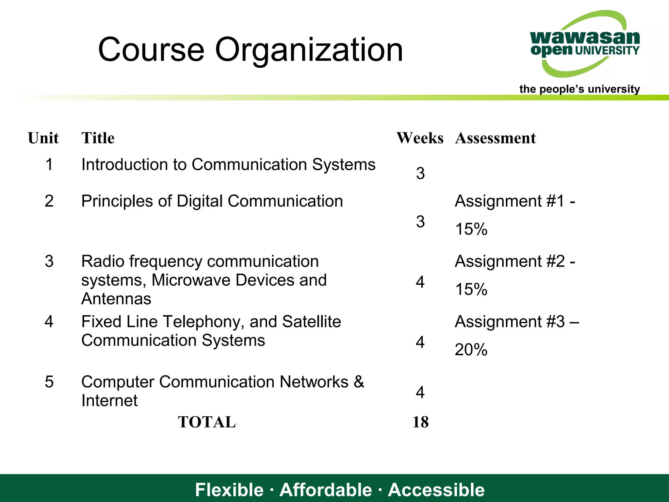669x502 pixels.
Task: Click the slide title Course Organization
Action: pyautogui.click(x=250, y=50)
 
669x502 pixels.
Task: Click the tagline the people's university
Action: pyautogui.click(x=579, y=89)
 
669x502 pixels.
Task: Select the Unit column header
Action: pyautogui.click(x=43, y=138)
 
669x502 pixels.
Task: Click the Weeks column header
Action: pyautogui.click(x=420, y=138)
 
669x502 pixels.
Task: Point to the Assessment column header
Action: pyautogui.click(x=495, y=138)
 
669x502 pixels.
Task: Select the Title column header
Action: pyautogui.click(x=98, y=138)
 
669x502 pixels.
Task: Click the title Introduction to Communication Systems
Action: pyautogui.click(x=228, y=164)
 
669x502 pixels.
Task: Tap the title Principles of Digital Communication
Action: pyautogui.click(x=212, y=201)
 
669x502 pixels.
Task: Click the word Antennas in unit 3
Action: pyautogui.click(x=116, y=299)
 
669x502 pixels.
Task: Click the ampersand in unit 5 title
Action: pyautogui.click(x=359, y=382)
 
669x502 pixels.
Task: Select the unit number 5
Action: pyautogui.click(x=49, y=382)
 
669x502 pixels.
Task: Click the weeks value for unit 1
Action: pyautogui.click(x=420, y=173)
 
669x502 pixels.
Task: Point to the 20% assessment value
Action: pyautogui.click(x=471, y=350)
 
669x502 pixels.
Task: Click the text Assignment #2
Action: pyautogui.click(x=510, y=261)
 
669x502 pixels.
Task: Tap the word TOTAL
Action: pyautogui.click(x=206, y=422)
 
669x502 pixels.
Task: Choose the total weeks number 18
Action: pyautogui.click(x=420, y=422)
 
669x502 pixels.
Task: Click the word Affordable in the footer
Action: pyautogui.click(x=326, y=490)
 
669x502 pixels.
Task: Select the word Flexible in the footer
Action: pyautogui.click(x=229, y=490)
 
